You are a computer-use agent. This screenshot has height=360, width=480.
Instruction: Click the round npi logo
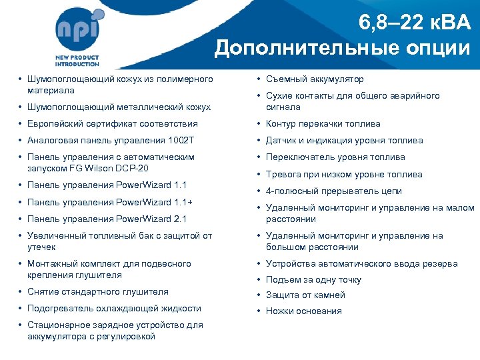pyautogui.click(x=80, y=29)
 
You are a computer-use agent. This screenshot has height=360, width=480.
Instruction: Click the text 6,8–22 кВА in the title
pyautogui.click(x=414, y=23)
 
